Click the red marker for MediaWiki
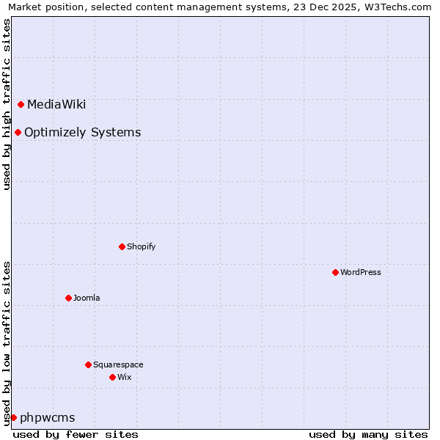pyautogui.click(x=21, y=104)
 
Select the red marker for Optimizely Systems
pyautogui.click(x=18, y=132)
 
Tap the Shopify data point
pyautogui.click(x=122, y=246)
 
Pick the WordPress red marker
pyautogui.click(x=335, y=272)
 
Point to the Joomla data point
pyautogui.click(x=68, y=298)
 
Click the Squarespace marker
pyautogui.click(x=88, y=364)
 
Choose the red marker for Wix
pyautogui.click(x=112, y=377)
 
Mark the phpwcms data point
pyautogui.click(x=13, y=417)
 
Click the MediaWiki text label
pyautogui.click(x=56, y=104)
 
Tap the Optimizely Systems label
pyautogui.click(x=82, y=133)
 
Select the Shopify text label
pyautogui.click(x=141, y=246)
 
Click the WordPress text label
pyautogui.click(x=360, y=272)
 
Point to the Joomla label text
pyautogui.click(x=87, y=298)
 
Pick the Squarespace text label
pyautogui.click(x=118, y=364)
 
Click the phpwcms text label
pyautogui.click(x=47, y=418)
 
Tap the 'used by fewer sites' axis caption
pyautogui.click(x=76, y=434)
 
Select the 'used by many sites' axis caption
pyautogui.click(x=368, y=434)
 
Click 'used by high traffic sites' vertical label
pyautogui.click(x=7, y=104)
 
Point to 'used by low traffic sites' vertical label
pyautogui.click(x=7, y=342)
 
